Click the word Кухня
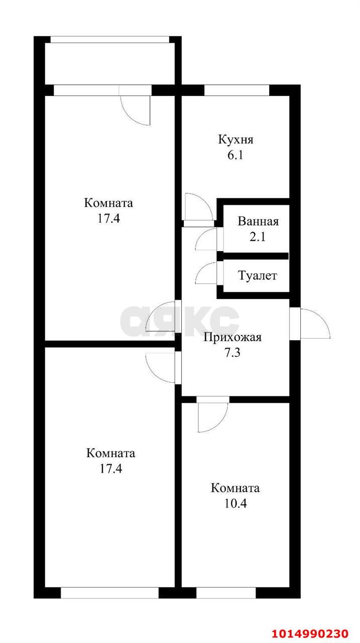(235, 140)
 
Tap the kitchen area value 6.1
(235, 155)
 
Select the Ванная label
(258, 222)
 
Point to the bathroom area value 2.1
(258, 237)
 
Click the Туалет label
(258, 276)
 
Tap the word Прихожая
(232, 337)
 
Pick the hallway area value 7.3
(232, 353)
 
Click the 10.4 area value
(235, 503)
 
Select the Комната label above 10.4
(235, 488)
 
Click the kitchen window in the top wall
(237, 90)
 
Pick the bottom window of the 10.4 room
(226, 593)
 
